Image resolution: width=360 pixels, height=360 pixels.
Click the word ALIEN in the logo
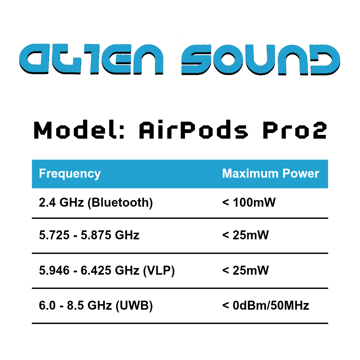91,59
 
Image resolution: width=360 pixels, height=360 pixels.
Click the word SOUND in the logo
261,59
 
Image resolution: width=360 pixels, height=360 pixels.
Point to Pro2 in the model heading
295,130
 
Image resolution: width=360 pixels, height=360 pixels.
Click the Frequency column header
70,174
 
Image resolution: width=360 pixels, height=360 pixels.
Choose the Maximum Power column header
271,173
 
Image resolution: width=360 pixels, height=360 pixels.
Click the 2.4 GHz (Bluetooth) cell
96,203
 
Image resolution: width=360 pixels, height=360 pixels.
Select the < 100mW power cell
249,202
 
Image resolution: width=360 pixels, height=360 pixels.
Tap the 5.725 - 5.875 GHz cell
89,235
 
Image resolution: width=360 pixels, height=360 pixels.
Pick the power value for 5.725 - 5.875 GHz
245,235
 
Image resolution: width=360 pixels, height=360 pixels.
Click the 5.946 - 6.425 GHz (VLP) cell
107,270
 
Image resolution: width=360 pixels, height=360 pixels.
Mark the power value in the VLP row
245,270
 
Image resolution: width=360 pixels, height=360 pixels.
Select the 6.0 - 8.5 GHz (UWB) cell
96,306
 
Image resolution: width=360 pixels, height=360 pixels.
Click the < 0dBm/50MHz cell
266,306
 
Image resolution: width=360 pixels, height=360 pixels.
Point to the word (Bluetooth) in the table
120,203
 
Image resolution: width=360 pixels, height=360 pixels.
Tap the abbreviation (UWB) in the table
134,306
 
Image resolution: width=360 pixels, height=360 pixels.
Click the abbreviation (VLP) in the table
159,270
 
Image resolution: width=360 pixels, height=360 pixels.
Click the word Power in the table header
301,173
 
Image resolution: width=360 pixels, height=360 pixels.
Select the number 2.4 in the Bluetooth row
47,203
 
